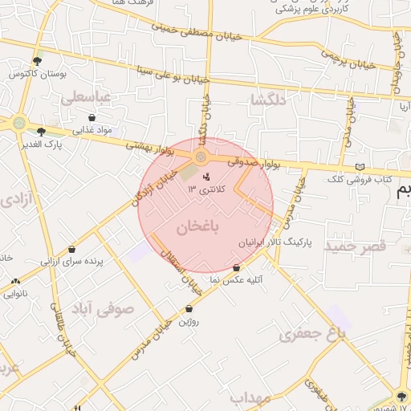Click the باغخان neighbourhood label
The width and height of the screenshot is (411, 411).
point(192,226)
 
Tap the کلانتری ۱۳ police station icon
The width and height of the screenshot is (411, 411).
point(208,177)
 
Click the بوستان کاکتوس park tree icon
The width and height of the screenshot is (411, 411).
point(37,61)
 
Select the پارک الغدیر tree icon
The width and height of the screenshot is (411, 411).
point(41,131)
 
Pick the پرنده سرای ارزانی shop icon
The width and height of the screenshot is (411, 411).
point(72,250)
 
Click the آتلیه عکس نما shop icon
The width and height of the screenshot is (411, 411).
point(237,268)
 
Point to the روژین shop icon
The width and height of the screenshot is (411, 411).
point(189,309)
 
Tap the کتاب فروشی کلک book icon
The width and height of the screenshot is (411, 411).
point(360,166)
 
